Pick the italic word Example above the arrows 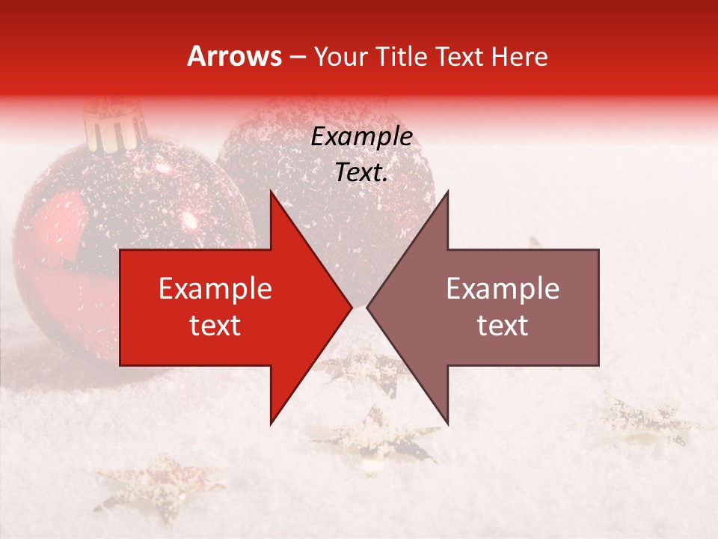coord(362,137)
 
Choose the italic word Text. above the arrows coord(362,173)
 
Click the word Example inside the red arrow coord(215,289)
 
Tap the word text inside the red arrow coord(215,326)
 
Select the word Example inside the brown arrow coord(503,289)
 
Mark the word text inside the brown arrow coord(503,326)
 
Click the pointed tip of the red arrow coord(351,307)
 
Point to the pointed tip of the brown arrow coord(368,307)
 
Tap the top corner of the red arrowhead coord(271,193)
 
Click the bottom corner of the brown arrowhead coord(447,423)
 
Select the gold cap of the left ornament coord(114,127)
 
